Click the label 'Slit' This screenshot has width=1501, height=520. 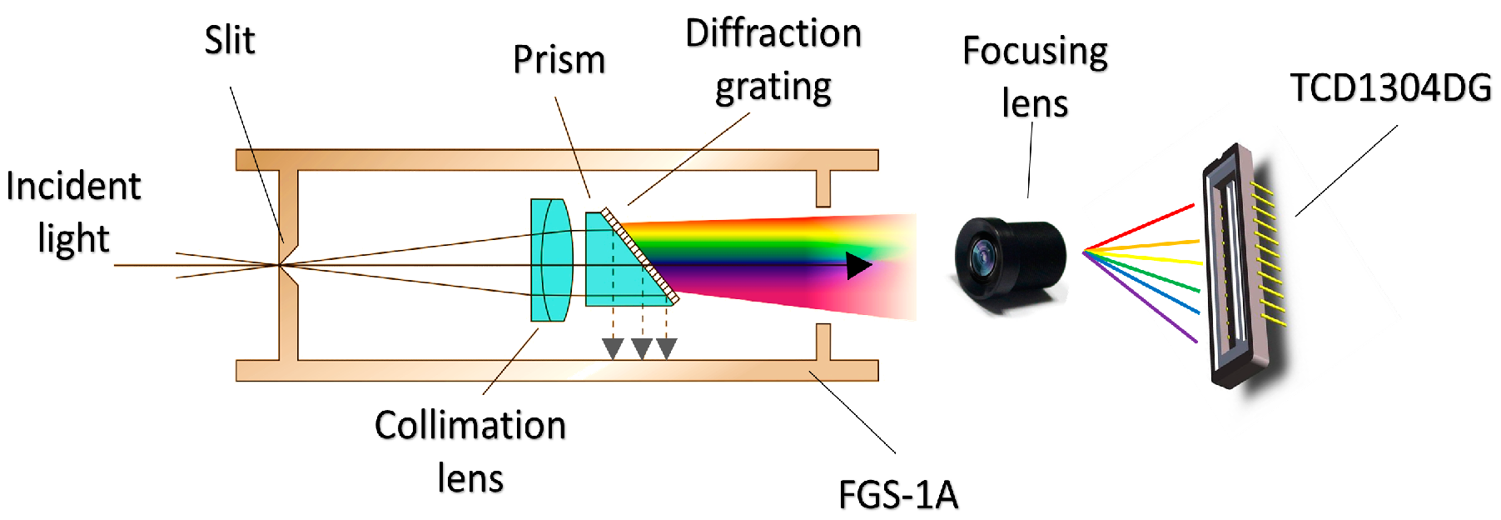coord(229,41)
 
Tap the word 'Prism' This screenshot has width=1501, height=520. coord(559,60)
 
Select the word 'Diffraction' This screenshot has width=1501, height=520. coord(773,34)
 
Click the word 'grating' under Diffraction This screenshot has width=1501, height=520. coord(773,87)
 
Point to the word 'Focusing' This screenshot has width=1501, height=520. coord(1034,52)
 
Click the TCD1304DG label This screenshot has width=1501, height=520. coord(1389,87)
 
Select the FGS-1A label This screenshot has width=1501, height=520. coord(897,495)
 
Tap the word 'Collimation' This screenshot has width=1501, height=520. coord(470,426)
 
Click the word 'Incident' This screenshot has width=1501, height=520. coord(73,187)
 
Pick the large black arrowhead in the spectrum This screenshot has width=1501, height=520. coord(857,266)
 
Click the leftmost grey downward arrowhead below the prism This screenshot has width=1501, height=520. coord(613,348)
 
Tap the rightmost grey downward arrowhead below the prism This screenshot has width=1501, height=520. coord(667,348)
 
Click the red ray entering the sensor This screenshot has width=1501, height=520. coord(1149,222)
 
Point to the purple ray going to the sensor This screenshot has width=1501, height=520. coord(1149,305)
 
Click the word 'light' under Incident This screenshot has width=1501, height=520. coord(73,239)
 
